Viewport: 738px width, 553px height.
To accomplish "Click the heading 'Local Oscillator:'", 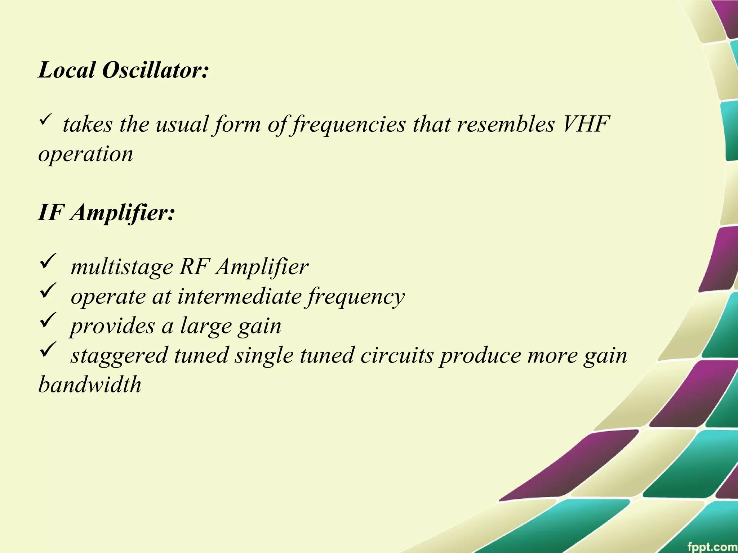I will click(123, 69).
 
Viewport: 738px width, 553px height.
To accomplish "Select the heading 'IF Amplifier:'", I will click(107, 212).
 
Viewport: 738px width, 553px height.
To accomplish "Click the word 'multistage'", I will click(122, 267).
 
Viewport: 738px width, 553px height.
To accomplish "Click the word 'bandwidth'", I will click(90, 385).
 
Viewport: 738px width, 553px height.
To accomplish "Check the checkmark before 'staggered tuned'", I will click(48, 349).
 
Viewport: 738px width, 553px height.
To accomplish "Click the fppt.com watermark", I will click(712, 546).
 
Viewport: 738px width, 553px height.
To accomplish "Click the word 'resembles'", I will click(505, 124).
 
